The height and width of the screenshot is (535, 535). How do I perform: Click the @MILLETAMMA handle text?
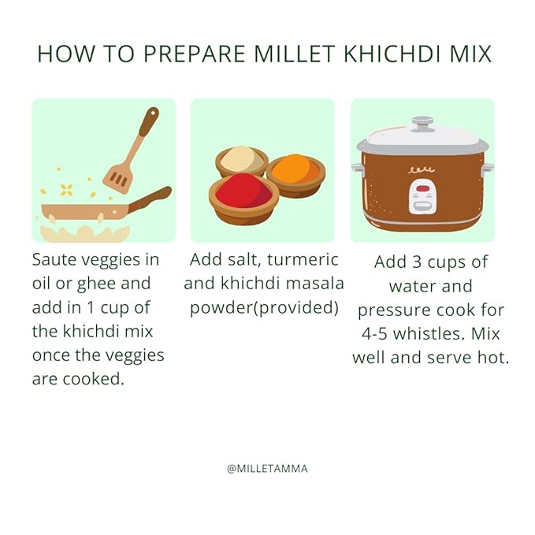pos(267,468)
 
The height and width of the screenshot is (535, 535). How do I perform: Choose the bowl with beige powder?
pos(241,160)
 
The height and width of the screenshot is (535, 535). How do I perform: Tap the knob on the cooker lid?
pos(422,124)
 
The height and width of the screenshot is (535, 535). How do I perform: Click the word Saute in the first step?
pos(56,259)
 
